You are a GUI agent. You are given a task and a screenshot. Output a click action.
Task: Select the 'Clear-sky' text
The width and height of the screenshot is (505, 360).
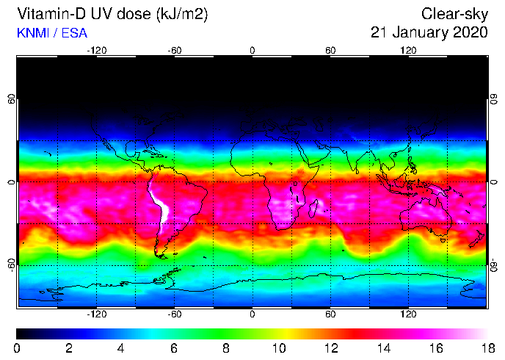(x=454, y=14)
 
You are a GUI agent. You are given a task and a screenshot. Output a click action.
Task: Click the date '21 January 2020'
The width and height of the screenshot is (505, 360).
(x=429, y=32)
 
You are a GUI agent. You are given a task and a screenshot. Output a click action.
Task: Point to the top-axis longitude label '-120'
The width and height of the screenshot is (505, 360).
(x=96, y=50)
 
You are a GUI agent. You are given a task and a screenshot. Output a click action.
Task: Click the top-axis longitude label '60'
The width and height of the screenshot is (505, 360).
(x=330, y=50)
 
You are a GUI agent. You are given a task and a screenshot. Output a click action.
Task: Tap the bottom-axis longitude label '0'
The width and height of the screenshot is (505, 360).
(x=252, y=313)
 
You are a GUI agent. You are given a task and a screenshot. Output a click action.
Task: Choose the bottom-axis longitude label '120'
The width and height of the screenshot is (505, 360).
(x=408, y=313)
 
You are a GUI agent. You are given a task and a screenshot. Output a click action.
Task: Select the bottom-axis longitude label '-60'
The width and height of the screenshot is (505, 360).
(x=175, y=313)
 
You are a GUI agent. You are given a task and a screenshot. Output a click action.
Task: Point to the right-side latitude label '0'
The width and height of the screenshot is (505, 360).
(x=494, y=181)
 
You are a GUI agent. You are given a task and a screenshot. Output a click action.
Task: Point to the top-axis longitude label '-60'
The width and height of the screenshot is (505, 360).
(x=175, y=50)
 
